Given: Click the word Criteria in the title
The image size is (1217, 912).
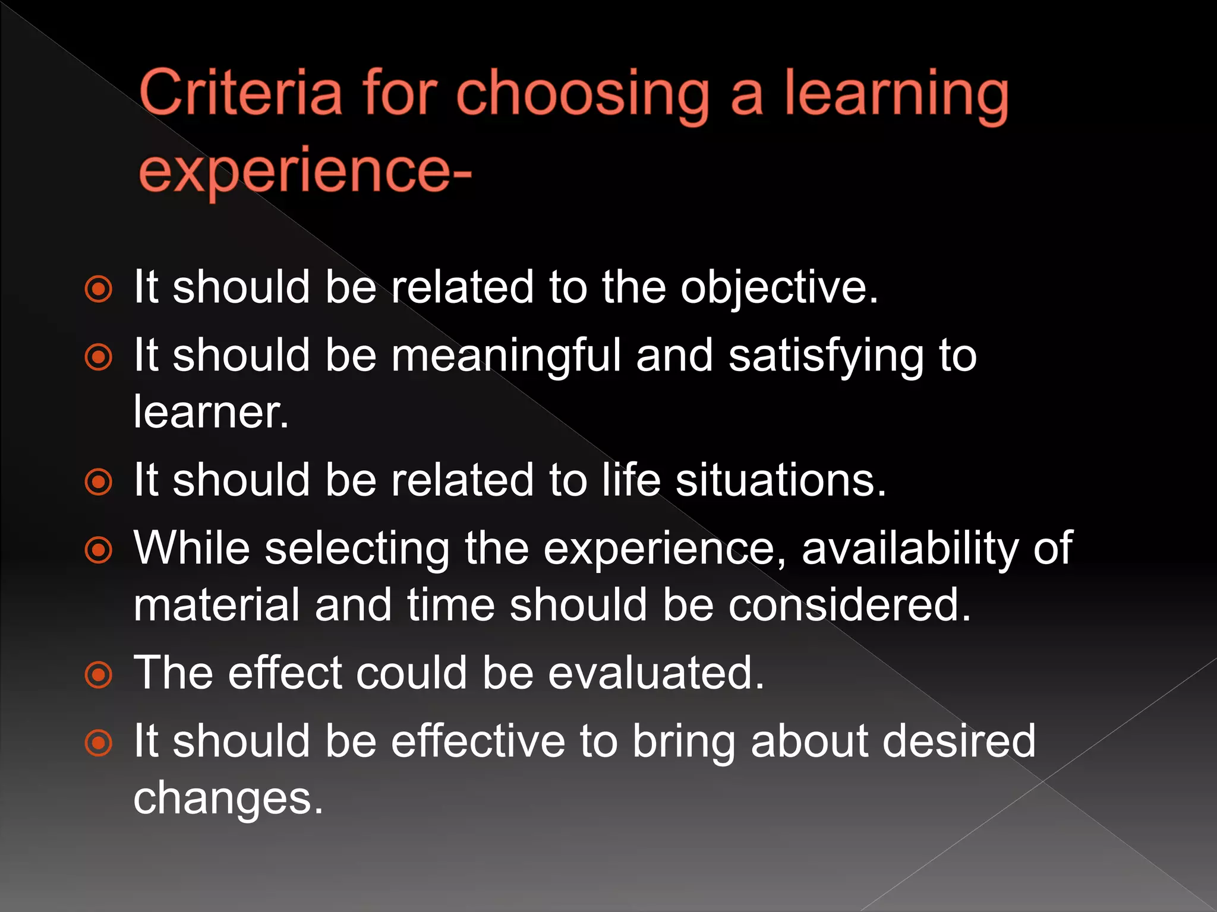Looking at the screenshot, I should click(241, 92).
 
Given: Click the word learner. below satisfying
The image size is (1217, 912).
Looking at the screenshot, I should click(211, 411).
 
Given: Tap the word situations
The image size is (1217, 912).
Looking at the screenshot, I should click(781, 480).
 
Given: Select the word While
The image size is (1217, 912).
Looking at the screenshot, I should click(191, 547).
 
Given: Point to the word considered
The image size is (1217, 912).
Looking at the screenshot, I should click(850, 604).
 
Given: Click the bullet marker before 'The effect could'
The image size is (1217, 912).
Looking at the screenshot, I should click(99, 675).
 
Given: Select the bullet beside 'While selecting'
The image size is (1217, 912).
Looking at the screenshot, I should click(99, 550).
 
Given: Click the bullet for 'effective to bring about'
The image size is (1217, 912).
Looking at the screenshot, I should click(99, 743).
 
